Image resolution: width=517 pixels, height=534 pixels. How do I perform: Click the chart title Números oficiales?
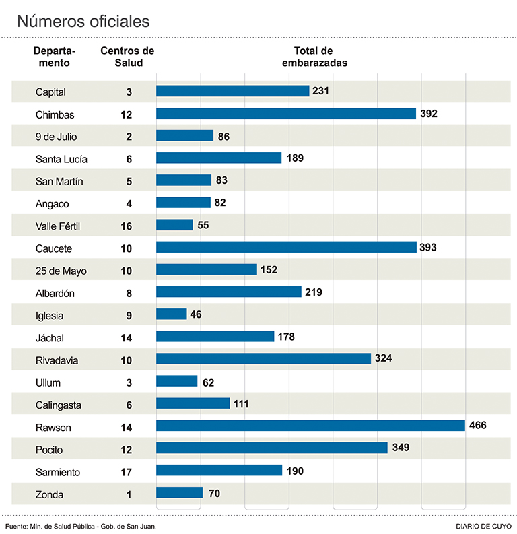click(83, 21)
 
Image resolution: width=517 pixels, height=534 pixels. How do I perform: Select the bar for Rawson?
click(310, 426)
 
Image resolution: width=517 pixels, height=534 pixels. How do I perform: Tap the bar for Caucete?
click(286, 247)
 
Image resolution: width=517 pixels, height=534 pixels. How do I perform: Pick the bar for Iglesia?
click(172, 314)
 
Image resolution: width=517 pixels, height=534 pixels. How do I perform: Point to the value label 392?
click(429, 114)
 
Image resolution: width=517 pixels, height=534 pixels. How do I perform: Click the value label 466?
click(478, 426)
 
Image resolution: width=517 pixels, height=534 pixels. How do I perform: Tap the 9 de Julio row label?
click(57, 137)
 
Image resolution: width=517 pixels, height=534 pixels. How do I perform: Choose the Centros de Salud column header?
click(127, 57)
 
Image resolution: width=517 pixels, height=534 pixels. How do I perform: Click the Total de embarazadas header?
click(313, 57)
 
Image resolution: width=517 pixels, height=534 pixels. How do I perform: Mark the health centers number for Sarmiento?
click(127, 472)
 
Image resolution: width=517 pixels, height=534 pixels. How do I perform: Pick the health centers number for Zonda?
click(127, 494)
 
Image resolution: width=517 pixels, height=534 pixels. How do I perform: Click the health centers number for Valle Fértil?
click(127, 226)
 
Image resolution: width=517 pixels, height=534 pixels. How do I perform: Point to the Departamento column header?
click(55, 57)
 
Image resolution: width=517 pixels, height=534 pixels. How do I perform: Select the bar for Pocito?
click(272, 448)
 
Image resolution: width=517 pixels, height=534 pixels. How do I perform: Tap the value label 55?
click(203, 226)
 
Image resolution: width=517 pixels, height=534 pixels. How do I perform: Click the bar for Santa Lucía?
click(219, 158)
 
